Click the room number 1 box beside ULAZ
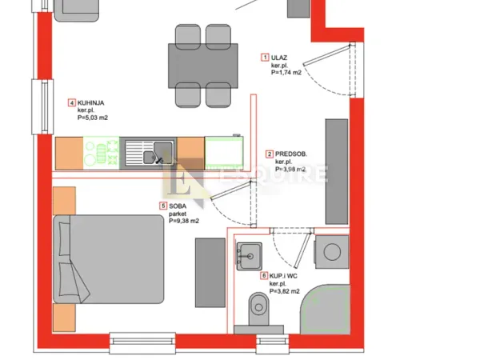tap(265, 57)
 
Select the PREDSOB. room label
tap(292, 153)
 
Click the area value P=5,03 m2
tap(92, 118)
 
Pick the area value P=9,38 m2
tap(184, 221)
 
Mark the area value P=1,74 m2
tap(286, 72)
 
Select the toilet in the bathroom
tap(259, 308)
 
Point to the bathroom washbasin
tap(250, 256)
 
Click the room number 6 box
tap(265, 276)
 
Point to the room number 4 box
tap(72, 102)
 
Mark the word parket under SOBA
tap(178, 214)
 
